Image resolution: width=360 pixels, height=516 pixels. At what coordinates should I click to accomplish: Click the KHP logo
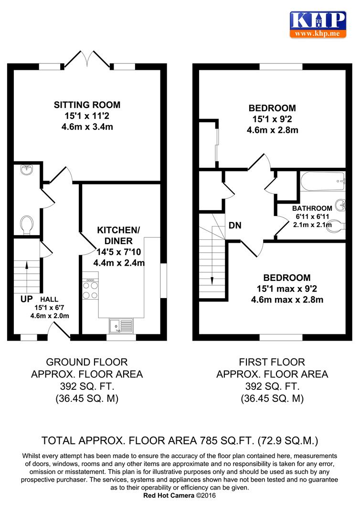[x=318, y=24]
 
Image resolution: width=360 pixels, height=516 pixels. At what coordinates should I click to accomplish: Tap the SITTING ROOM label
[x=87, y=105]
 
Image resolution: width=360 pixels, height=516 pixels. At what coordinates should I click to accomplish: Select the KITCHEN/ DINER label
[x=118, y=235]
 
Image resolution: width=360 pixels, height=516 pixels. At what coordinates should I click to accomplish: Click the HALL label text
[x=49, y=300]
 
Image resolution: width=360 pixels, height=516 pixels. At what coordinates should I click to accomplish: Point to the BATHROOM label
[x=312, y=208]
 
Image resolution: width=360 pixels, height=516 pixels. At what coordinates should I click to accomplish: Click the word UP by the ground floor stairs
[x=27, y=299]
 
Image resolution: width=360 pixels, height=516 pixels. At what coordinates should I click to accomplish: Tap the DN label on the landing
[x=235, y=226]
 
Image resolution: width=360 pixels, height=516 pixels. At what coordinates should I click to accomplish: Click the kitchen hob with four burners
[x=90, y=290]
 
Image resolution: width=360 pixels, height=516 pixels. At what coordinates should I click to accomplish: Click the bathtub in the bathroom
[x=323, y=182]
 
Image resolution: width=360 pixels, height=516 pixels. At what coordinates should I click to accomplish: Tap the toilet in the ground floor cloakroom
[x=27, y=225]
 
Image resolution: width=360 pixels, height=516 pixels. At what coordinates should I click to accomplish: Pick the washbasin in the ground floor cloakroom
[x=26, y=170]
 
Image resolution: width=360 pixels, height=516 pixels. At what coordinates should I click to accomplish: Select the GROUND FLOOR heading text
[x=87, y=362]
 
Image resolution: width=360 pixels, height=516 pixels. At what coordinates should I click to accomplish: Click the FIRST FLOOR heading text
[x=272, y=362]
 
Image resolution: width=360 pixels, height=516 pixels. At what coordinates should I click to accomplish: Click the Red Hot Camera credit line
[x=180, y=495]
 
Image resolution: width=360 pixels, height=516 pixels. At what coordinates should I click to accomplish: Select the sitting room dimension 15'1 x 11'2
[x=87, y=116]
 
